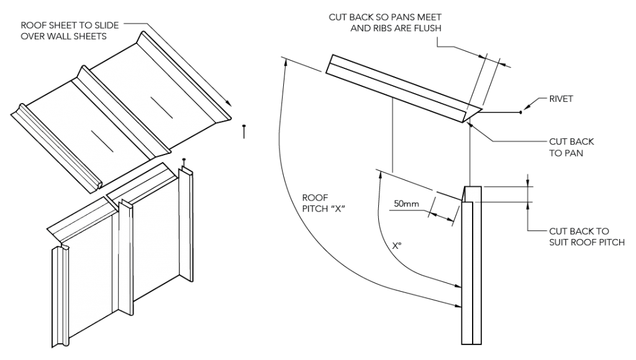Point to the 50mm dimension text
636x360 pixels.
pyautogui.click(x=405, y=204)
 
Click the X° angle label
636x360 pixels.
pyautogui.click(x=397, y=246)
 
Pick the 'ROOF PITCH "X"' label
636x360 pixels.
pyautogui.click(x=322, y=204)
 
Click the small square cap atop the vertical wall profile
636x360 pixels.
pyautogui.click(x=473, y=193)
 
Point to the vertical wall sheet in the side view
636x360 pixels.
pyautogui.click(x=471, y=273)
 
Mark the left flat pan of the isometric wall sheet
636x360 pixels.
pyautogui.click(x=93, y=273)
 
